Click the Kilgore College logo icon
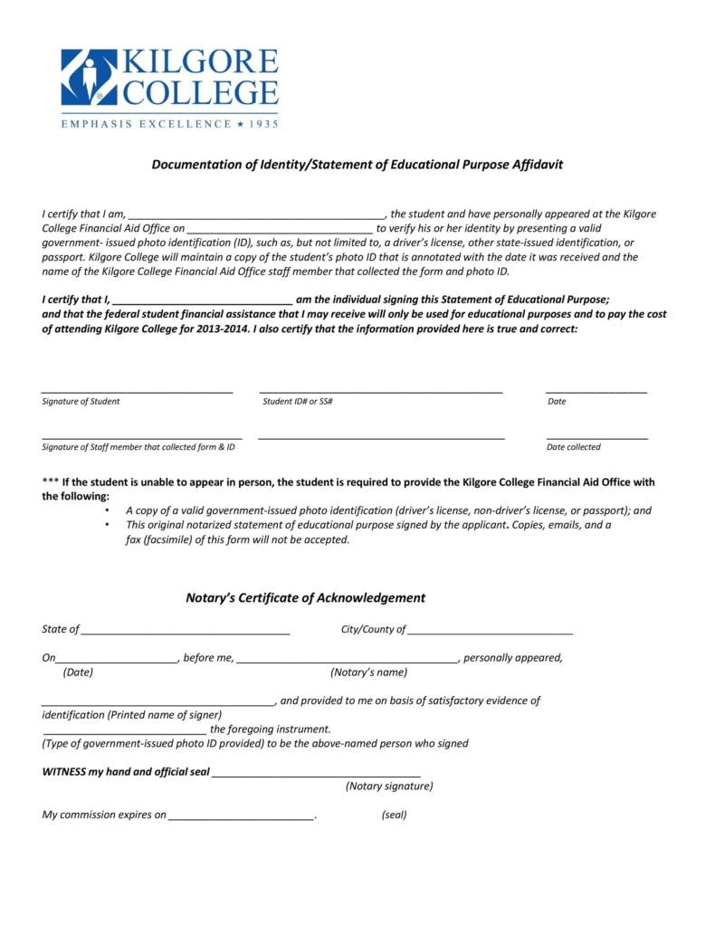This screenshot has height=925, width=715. click(89, 77)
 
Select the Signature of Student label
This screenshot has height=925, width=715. click(81, 401)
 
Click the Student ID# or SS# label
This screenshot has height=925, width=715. click(298, 401)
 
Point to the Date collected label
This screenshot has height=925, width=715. click(573, 447)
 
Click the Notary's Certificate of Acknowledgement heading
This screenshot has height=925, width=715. click(305, 598)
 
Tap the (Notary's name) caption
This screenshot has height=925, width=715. click(369, 672)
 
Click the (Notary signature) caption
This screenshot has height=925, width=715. click(389, 787)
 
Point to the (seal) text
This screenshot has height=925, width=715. click(394, 815)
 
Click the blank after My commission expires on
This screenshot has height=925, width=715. click(241, 818)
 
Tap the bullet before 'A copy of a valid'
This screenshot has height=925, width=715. click(108, 510)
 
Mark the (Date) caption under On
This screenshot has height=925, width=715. click(78, 672)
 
